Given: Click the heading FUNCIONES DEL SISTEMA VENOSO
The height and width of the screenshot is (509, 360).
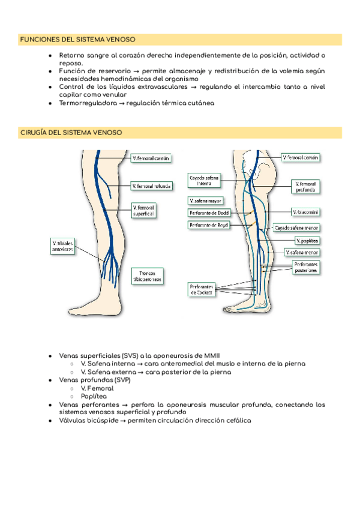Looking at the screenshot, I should [x=78, y=40].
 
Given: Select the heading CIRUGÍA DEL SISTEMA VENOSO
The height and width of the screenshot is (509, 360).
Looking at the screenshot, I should [x=71, y=132].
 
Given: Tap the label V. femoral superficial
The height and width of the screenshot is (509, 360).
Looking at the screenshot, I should [x=143, y=210].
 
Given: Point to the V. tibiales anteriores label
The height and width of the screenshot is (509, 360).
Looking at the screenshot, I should [x=62, y=245].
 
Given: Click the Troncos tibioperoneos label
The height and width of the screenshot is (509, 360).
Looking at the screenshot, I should [x=146, y=276].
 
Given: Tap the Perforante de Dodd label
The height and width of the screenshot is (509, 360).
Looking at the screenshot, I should [x=208, y=212].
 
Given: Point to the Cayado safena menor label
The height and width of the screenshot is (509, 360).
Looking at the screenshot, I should [x=296, y=228].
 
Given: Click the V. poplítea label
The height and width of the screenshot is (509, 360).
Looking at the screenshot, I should [x=307, y=241].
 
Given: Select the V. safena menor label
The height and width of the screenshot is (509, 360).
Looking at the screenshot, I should [x=304, y=253].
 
